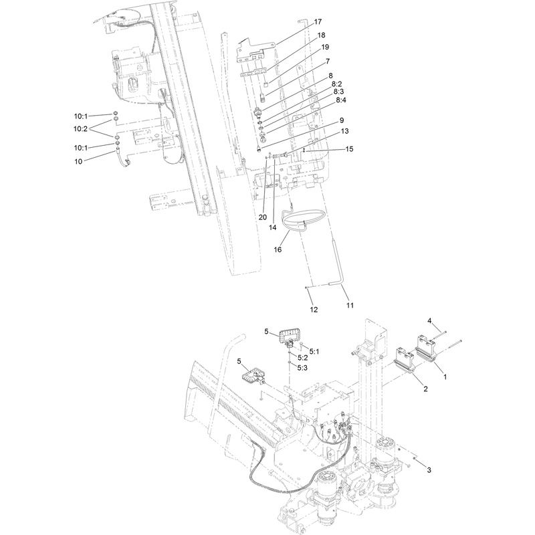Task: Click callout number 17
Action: tap(318, 22)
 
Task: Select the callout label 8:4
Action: tap(341, 100)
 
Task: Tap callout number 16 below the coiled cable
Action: tap(278, 249)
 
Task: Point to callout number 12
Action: tap(314, 310)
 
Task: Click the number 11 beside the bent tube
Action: tap(350, 306)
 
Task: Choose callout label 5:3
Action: tap(302, 368)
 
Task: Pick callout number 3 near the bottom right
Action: tap(429, 470)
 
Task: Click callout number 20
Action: tap(263, 217)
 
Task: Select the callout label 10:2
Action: tap(80, 128)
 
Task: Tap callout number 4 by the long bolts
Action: tap(429, 321)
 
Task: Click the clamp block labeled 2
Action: tap(405, 361)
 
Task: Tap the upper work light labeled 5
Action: tap(289, 337)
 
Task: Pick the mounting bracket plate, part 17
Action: tap(256, 52)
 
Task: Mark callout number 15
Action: tap(349, 149)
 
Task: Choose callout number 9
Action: tap(342, 120)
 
